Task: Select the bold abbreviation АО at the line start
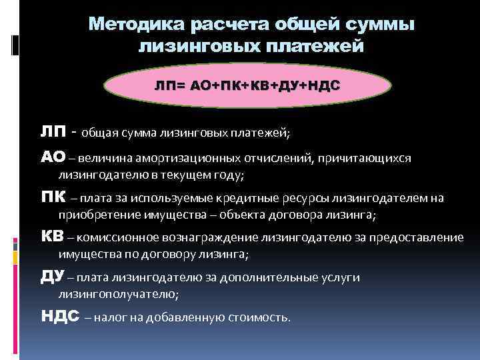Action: (x=53, y=157)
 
